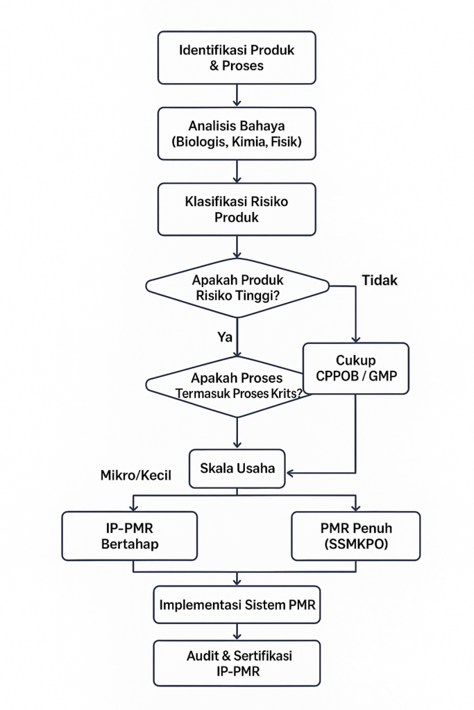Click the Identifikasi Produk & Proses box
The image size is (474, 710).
pyautogui.click(x=237, y=58)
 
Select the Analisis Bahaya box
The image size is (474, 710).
pyautogui.click(x=237, y=135)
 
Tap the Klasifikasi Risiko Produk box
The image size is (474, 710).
pyautogui.click(x=237, y=209)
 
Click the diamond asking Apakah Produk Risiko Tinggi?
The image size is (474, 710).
pyautogui.click(x=237, y=288)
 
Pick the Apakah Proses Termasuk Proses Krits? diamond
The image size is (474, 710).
pyautogui.click(x=229, y=385)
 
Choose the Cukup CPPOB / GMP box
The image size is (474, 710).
pyautogui.click(x=355, y=369)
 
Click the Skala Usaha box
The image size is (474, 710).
pyautogui.click(x=237, y=468)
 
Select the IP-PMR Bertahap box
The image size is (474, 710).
pyautogui.click(x=129, y=535)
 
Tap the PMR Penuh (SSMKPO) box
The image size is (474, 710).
pyautogui.click(x=355, y=535)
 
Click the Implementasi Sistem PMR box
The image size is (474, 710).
pyautogui.click(x=237, y=604)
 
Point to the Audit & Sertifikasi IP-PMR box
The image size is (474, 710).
pyautogui.click(x=237, y=663)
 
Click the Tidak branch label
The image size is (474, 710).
pyautogui.click(x=380, y=280)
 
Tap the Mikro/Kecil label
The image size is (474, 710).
pyautogui.click(x=135, y=476)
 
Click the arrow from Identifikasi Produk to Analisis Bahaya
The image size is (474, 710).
pyautogui.click(x=237, y=95)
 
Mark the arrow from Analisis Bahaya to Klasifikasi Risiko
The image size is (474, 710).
pyautogui.click(x=237, y=171)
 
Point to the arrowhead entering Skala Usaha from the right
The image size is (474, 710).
pyautogui.click(x=291, y=473)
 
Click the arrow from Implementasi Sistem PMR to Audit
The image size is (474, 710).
pyautogui.click(x=237, y=631)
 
